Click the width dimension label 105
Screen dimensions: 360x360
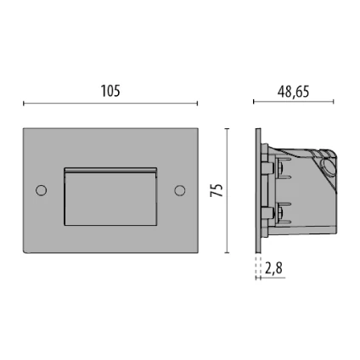pyautogui.click(x=110, y=91)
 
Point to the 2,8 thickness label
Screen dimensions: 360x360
pyautogui.click(x=273, y=268)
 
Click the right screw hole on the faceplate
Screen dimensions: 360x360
pyautogui.click(x=179, y=190)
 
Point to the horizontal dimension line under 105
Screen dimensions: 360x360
pyautogui.click(x=110, y=104)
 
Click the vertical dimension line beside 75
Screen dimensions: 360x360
pyautogui.click(x=227, y=190)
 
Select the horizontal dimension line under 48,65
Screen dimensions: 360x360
pyautogui.click(x=293, y=102)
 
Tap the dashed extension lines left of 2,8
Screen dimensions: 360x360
pyautogui.click(x=257, y=268)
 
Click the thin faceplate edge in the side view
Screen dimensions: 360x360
pyautogui.click(x=256, y=190)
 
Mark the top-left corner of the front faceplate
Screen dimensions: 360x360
pyautogui.click(x=24, y=129)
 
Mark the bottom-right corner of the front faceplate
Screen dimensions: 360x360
pyautogui.click(x=197, y=252)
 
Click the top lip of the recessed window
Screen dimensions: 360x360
pyautogui.click(x=110, y=170)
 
